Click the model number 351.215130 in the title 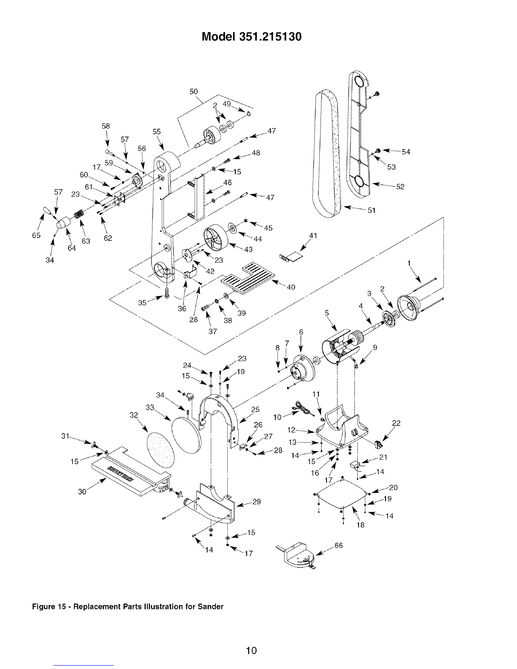[x=270, y=37]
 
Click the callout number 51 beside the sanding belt [x=372, y=210]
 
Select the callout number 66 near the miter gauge [x=338, y=545]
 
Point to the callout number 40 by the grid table [x=291, y=287]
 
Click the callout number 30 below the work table [x=82, y=492]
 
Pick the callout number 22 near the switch [x=396, y=423]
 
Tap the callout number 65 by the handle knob [x=36, y=235]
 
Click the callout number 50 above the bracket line [x=194, y=91]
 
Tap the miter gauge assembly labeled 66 [x=296, y=557]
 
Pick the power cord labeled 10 [x=303, y=408]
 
